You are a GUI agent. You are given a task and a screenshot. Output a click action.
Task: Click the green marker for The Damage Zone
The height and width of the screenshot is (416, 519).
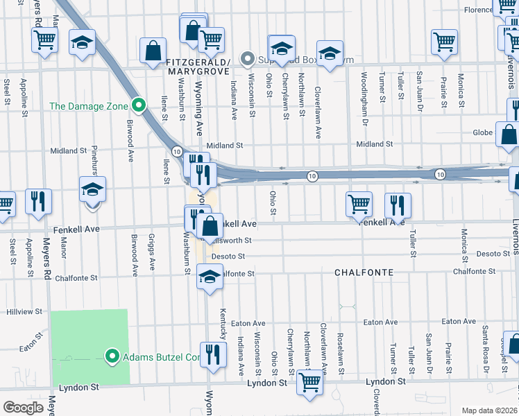click(139, 106)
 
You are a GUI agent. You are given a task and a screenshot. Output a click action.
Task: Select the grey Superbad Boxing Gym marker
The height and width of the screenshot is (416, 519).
click(246, 59)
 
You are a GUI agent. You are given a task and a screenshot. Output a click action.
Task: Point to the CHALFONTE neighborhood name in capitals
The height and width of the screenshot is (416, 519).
click(361, 273)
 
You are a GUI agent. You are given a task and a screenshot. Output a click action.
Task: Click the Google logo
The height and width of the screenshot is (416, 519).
click(24, 407)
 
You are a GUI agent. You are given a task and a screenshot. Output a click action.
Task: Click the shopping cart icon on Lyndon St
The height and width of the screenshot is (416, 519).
click(309, 382)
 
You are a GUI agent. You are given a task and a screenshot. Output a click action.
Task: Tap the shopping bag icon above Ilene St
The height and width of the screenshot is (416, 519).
click(152, 51)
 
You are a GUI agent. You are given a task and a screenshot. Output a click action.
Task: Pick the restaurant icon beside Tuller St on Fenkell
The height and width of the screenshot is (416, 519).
click(398, 205)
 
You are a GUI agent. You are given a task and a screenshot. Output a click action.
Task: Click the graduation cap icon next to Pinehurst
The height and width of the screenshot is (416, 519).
click(92, 190)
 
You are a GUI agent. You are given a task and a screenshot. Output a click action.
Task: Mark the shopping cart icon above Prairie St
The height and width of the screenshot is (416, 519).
click(444, 41)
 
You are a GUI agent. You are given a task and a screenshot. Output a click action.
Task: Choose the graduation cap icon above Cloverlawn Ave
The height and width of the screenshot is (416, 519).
click(330, 53)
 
